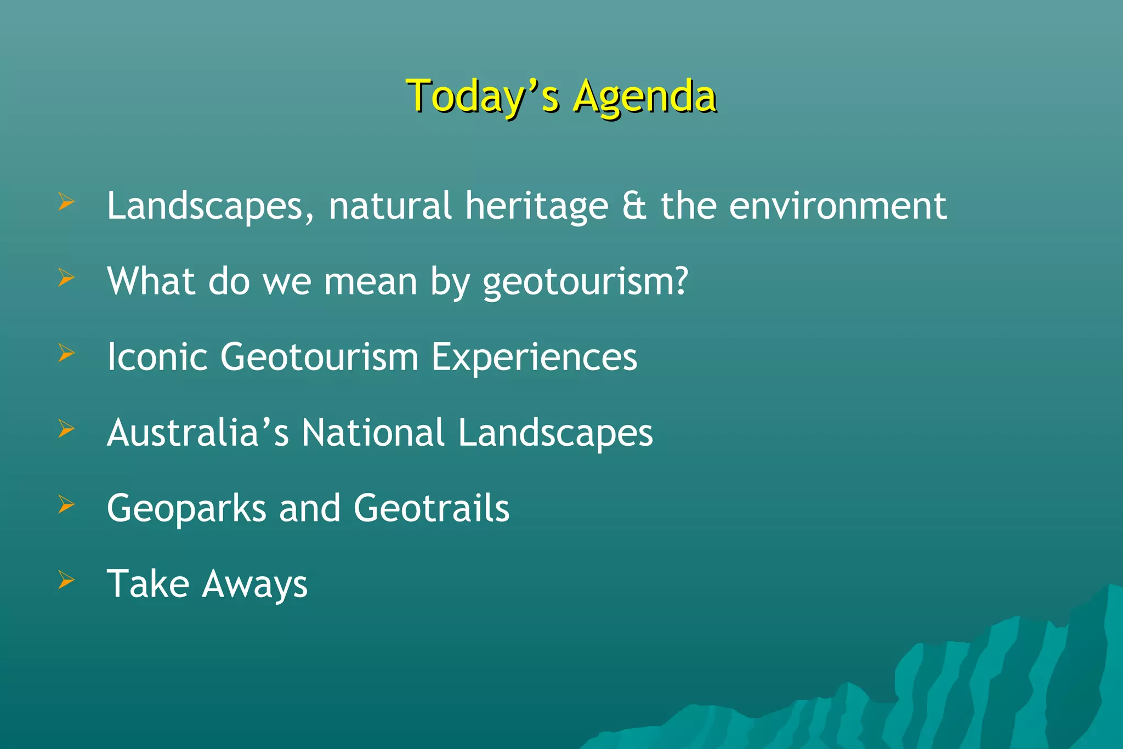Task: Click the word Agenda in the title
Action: [x=644, y=97]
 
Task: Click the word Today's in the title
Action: [x=483, y=97]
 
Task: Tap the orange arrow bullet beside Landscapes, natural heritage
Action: [x=66, y=202]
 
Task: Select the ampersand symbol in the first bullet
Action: [x=634, y=206]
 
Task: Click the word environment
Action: [x=837, y=206]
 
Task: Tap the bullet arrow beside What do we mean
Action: [x=66, y=277]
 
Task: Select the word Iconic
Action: [x=157, y=357]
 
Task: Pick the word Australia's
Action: [x=197, y=432]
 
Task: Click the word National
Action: [x=373, y=432]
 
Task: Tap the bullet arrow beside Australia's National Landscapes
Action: [x=66, y=428]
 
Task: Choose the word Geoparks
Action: [x=186, y=509]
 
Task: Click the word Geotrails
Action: [x=432, y=508]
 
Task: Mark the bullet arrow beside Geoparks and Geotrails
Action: [x=66, y=504]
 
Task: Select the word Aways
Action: [x=254, y=585]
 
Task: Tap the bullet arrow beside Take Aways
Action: [x=66, y=580]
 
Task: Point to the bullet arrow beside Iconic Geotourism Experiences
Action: [x=66, y=353]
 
